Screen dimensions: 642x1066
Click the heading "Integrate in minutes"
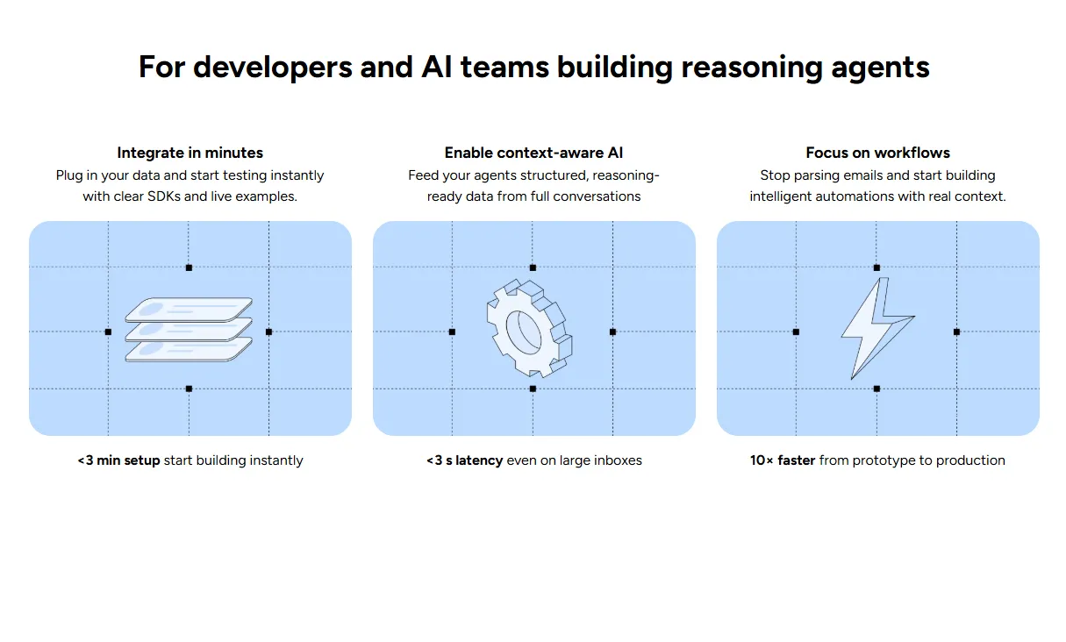(x=190, y=153)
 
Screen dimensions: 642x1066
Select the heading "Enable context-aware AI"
(x=533, y=153)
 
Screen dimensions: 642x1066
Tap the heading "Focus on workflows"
(x=877, y=153)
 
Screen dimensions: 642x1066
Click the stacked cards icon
(x=189, y=329)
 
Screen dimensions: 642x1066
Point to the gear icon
(x=528, y=329)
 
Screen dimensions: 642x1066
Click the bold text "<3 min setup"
(x=118, y=460)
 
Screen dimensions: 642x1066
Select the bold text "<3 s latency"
(x=464, y=460)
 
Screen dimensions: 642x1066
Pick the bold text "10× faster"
(x=783, y=460)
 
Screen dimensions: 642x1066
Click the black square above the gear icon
(x=533, y=267)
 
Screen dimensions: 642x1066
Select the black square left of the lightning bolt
(x=796, y=332)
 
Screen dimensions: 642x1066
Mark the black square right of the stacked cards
(x=268, y=332)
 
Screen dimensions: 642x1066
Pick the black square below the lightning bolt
(x=876, y=389)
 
